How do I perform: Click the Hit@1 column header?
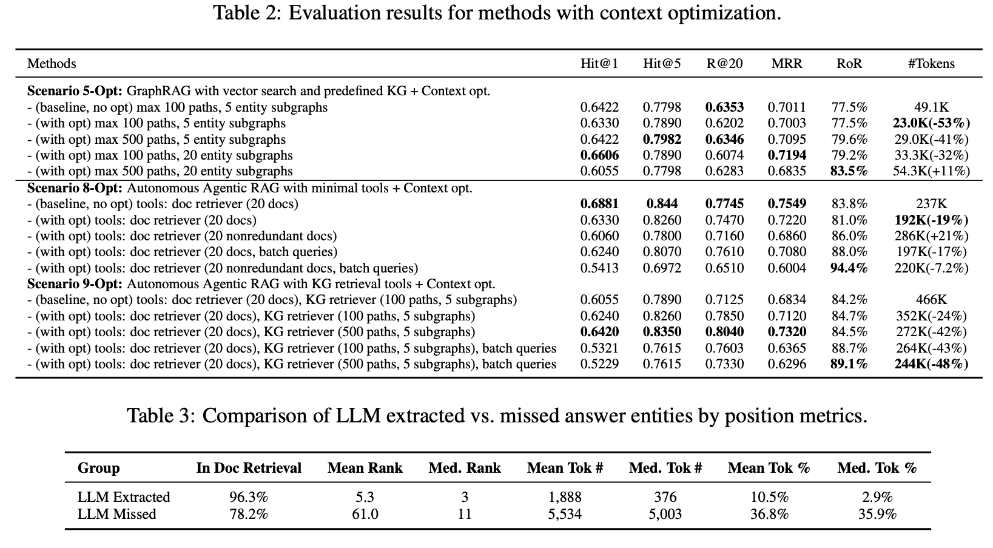coord(599,64)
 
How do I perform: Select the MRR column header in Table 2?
coord(787,64)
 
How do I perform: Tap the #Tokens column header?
coord(931,64)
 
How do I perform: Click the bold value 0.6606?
coord(599,155)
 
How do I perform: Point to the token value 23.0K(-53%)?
coord(931,123)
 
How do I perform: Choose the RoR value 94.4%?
coord(849,268)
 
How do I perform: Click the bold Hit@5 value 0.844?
coord(662,204)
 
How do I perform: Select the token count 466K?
coord(931,300)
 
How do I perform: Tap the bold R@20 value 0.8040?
coord(724,331)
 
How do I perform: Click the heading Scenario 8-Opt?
coord(75,188)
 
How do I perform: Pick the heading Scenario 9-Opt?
coord(75,284)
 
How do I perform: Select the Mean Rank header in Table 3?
coord(365,468)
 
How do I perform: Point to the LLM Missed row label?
coord(116,514)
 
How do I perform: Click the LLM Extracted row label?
coord(124,496)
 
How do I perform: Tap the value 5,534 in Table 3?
coord(565,514)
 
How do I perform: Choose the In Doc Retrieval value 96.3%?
coord(249,496)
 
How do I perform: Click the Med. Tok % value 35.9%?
coord(877,514)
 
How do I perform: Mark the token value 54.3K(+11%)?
coord(931,171)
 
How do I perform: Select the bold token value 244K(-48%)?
coord(931,364)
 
